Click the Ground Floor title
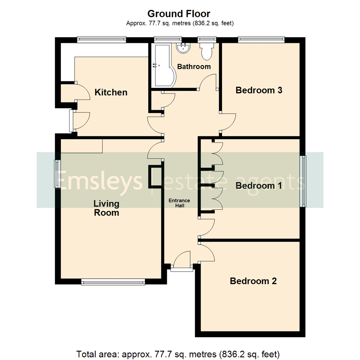(x=179, y=14)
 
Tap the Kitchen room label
(x=111, y=92)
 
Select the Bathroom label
(x=194, y=67)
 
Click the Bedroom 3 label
(x=259, y=90)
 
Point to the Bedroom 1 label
(x=259, y=186)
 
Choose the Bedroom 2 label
(x=253, y=281)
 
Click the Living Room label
(x=106, y=208)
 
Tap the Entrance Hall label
(x=179, y=203)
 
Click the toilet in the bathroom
(x=206, y=51)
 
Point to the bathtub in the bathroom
(x=161, y=65)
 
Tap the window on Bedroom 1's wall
(x=304, y=181)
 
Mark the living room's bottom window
(x=113, y=282)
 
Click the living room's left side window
(x=57, y=174)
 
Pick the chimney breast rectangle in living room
(x=155, y=177)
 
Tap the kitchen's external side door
(x=71, y=121)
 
